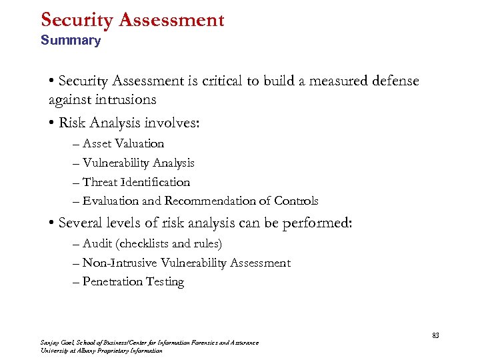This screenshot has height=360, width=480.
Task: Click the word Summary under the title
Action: point(70,41)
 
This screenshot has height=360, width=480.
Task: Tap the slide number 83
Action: point(435,335)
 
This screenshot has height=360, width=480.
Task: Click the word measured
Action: point(329,81)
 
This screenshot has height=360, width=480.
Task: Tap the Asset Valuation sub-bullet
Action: point(123,143)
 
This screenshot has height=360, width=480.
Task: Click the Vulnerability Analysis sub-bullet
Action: point(138,163)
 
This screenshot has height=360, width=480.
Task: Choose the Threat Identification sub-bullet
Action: point(136,182)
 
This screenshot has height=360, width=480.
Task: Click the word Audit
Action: point(97,244)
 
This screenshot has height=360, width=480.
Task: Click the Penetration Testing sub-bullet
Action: point(133,282)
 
